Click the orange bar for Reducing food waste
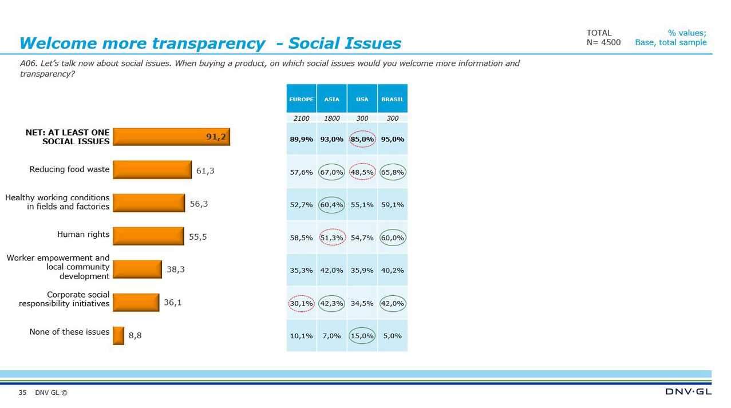click(x=152, y=170)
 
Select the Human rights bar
click(x=148, y=236)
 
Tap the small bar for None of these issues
click(x=118, y=336)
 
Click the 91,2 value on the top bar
click(x=216, y=137)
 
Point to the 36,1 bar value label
click(x=173, y=302)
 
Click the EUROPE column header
click(x=301, y=99)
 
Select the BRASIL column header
click(x=392, y=99)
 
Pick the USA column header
click(x=362, y=99)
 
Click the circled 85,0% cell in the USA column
click(x=362, y=139)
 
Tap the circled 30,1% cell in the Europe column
click(x=301, y=303)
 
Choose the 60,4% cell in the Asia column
click(x=331, y=205)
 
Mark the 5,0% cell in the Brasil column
click(x=392, y=336)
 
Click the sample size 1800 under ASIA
click(x=331, y=118)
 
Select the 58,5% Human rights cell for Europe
click(x=301, y=237)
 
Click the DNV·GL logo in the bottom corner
click(x=688, y=392)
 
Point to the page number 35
click(x=22, y=393)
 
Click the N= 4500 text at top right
click(x=603, y=42)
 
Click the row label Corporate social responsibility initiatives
click(x=64, y=299)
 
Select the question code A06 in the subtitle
click(x=27, y=64)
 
